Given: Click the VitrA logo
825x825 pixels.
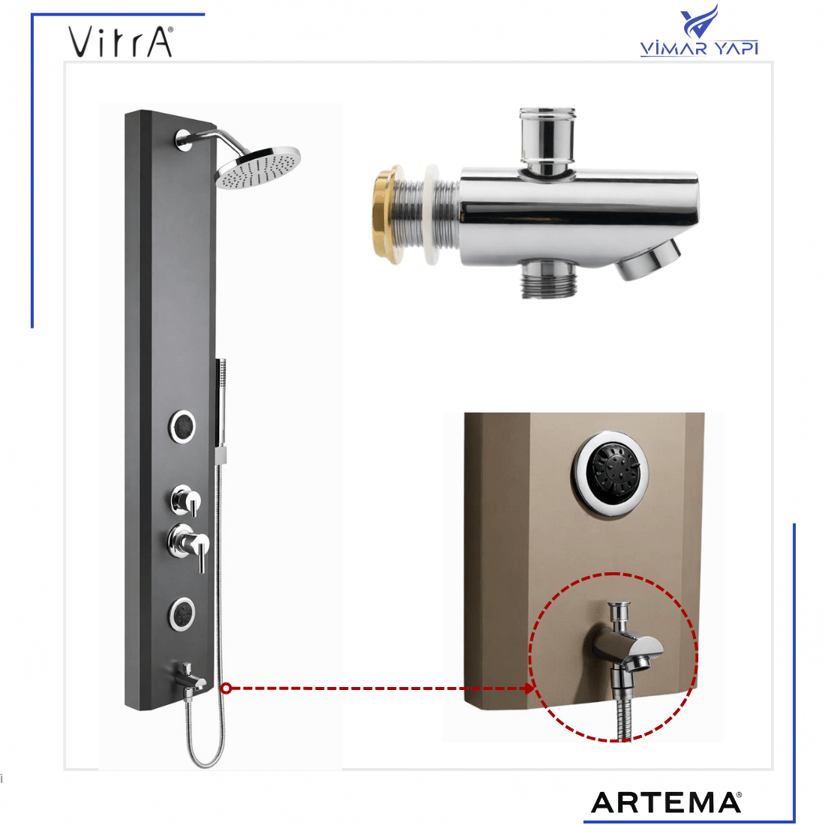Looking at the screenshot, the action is pyautogui.click(x=121, y=41).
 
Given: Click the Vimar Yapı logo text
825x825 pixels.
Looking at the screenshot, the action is pyautogui.click(x=699, y=48).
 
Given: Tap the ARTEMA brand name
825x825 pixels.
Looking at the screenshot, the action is pyautogui.click(x=666, y=802).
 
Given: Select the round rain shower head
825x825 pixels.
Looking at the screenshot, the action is pyautogui.click(x=258, y=167).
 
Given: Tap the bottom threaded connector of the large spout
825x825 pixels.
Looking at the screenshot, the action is pyautogui.click(x=547, y=279).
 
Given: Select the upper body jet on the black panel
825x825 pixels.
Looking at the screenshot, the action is pyautogui.click(x=182, y=426).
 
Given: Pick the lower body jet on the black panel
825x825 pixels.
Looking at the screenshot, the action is pyautogui.click(x=182, y=614).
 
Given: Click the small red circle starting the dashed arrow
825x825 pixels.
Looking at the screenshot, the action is pyautogui.click(x=226, y=688).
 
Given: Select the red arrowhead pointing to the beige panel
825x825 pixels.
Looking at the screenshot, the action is pyautogui.click(x=529, y=688).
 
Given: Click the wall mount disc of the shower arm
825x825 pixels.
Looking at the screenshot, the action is pyautogui.click(x=184, y=139).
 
